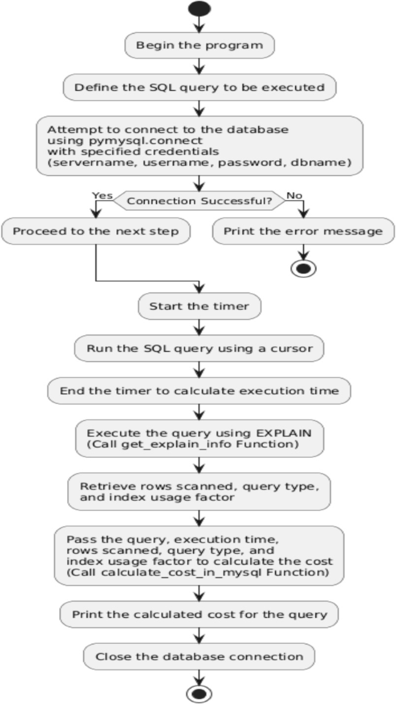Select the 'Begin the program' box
pos(199,45)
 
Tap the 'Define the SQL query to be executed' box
pos(199,88)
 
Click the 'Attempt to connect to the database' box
pos(199,146)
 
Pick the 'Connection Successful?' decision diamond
pos(199,201)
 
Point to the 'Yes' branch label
pos(102,195)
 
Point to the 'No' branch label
pos(294,195)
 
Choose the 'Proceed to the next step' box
pos(95,232)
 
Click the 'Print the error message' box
pos(303,232)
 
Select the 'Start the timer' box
pos(199,306)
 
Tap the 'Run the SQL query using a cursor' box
pos(199,349)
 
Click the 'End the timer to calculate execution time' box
pos(199,391)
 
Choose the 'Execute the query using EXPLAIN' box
pos(199,438)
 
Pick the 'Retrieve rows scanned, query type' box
pos(199,491)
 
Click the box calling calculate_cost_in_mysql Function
pos(199,555)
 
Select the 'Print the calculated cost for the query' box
pos(199,614)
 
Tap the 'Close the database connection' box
pos(199,656)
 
